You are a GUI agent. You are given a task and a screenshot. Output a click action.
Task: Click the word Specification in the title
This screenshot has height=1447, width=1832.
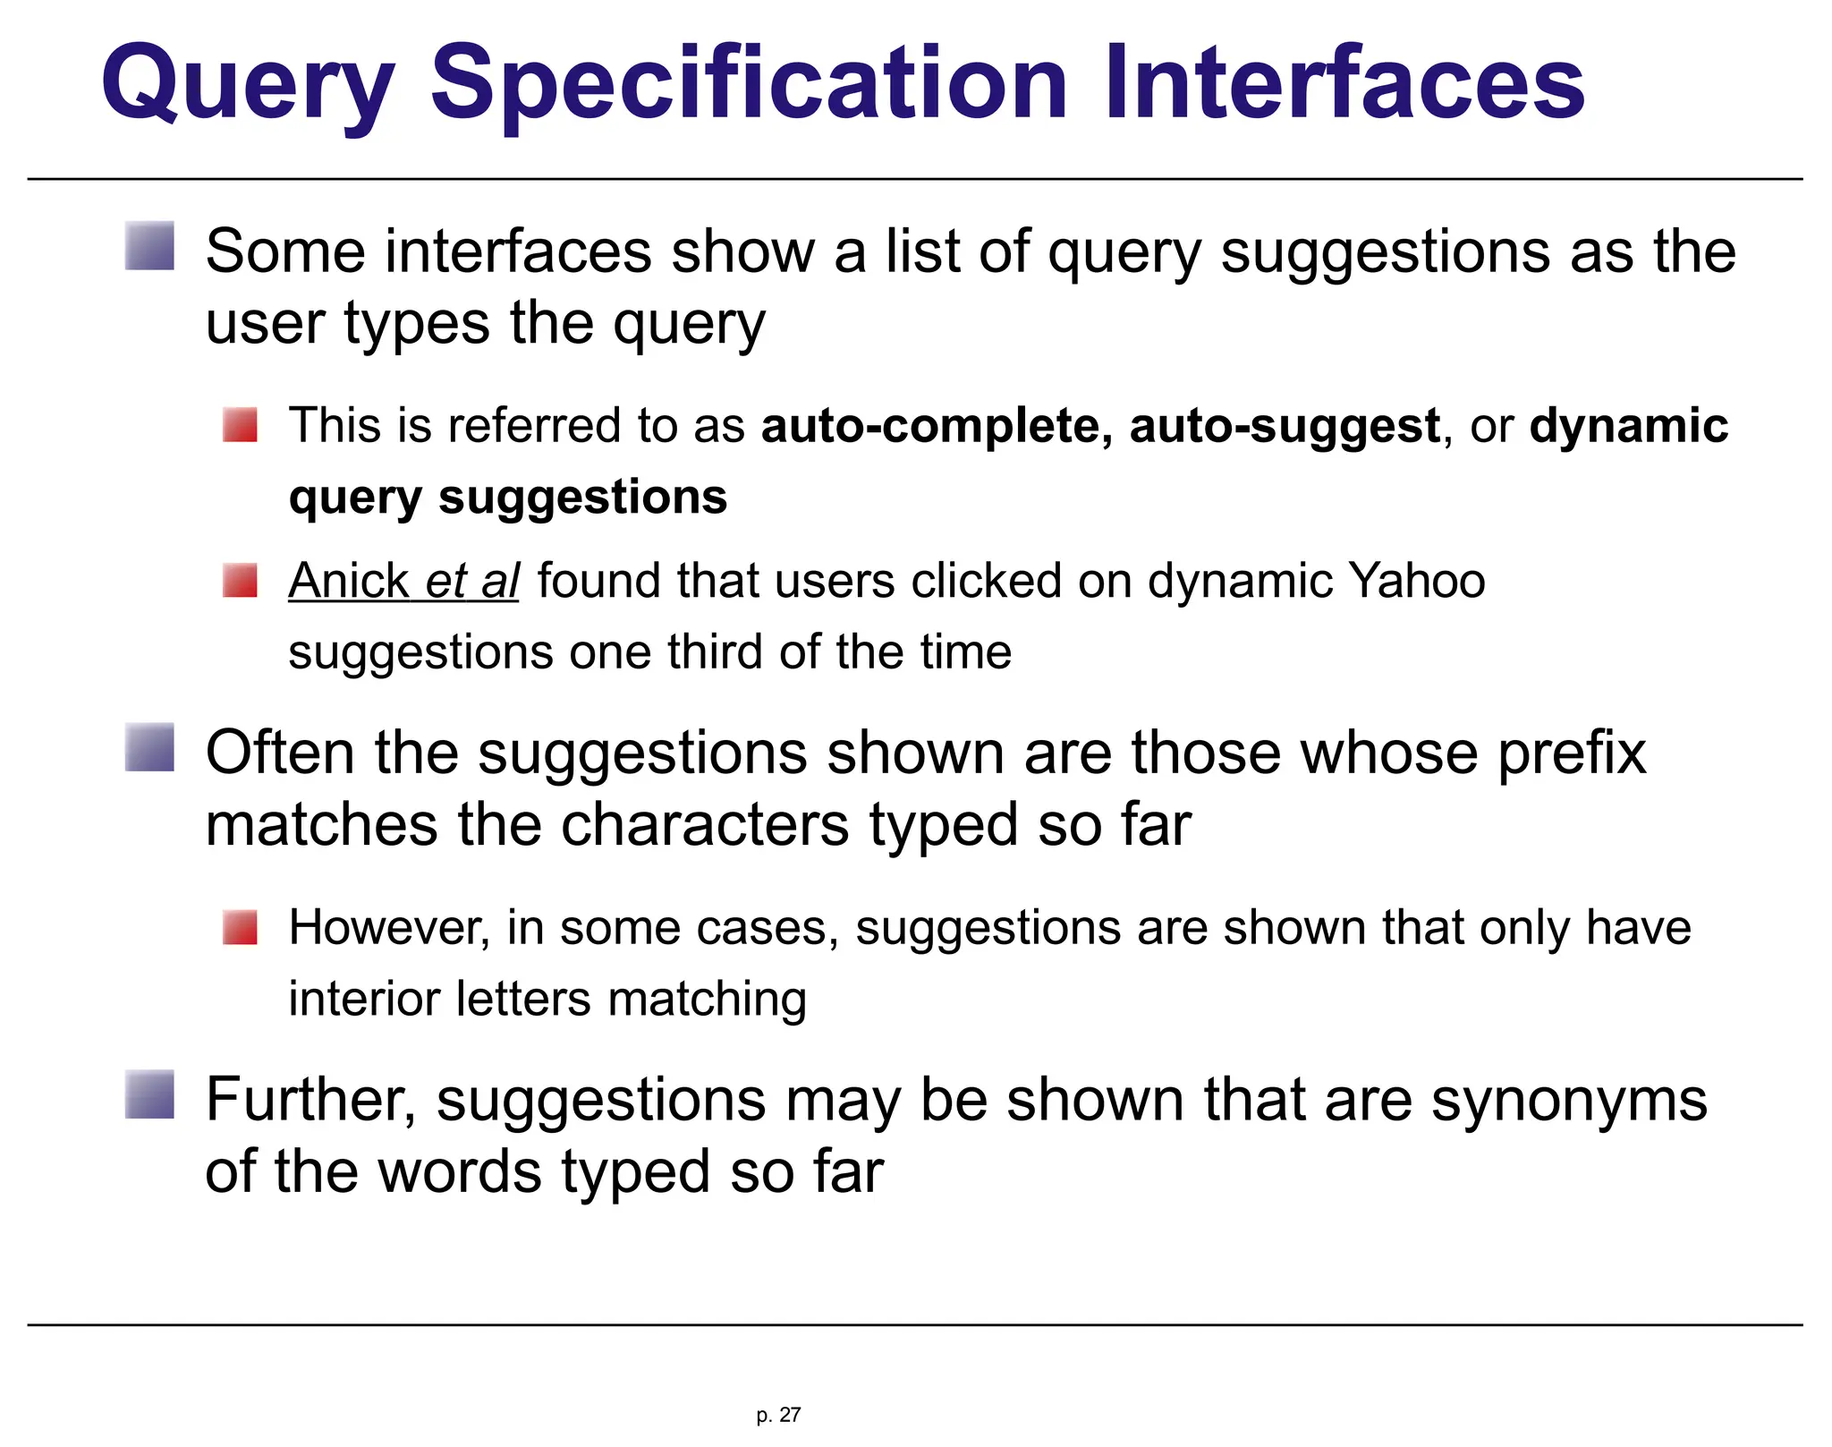pos(749,85)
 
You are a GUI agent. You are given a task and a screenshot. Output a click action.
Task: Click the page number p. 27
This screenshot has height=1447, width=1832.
pos(778,1415)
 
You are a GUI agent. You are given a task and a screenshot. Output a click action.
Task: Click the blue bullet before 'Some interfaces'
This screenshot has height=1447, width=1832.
pos(149,246)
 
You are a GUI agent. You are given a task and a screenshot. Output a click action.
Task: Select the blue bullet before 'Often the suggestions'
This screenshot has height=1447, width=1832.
pos(149,747)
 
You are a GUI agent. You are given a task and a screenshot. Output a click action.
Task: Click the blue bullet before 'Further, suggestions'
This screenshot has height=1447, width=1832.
pos(149,1094)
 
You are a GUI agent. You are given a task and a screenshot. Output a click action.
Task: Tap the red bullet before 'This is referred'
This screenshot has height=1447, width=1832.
pos(240,425)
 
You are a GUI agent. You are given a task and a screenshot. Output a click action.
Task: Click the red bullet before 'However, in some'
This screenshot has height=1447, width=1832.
pos(240,927)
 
